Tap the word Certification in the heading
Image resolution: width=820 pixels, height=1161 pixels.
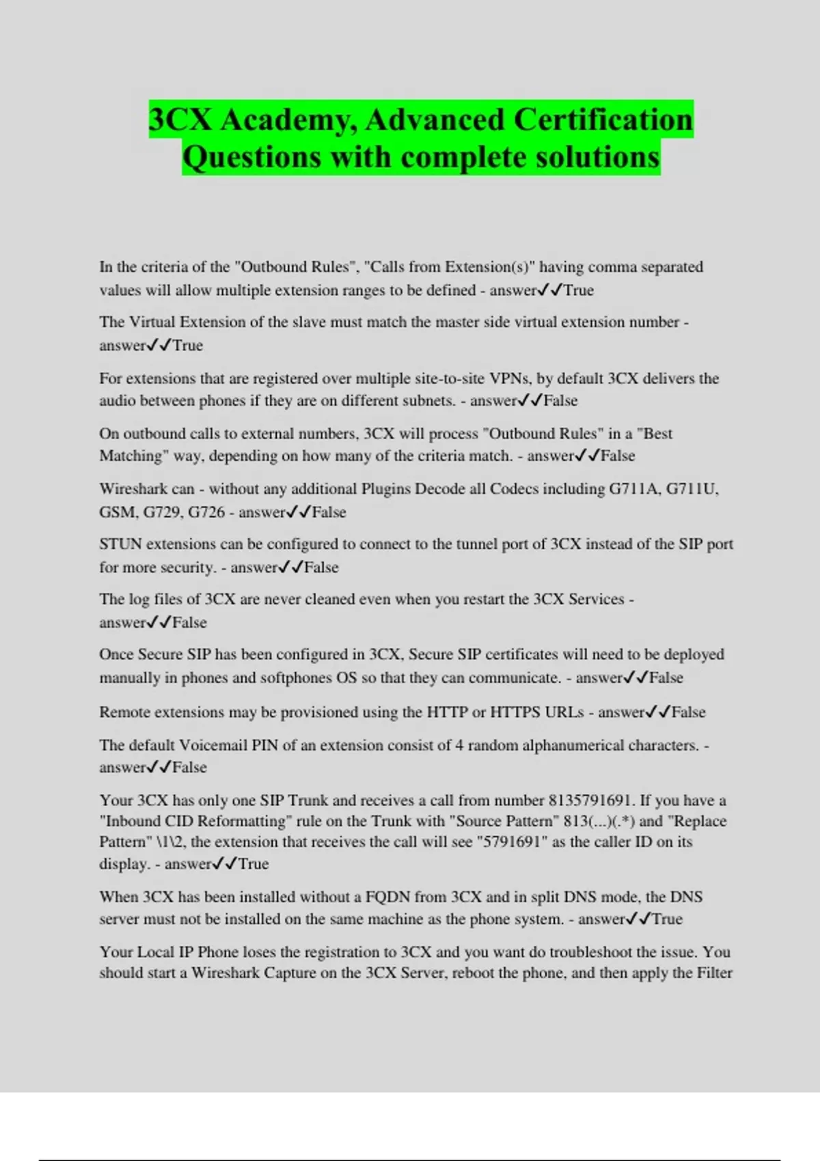pos(603,120)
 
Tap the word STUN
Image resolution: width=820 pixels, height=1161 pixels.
pos(120,544)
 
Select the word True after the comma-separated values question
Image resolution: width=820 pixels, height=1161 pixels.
pos(578,290)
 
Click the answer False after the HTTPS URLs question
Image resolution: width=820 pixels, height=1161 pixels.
pos(688,712)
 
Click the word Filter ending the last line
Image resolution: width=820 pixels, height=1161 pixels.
pos(714,973)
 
